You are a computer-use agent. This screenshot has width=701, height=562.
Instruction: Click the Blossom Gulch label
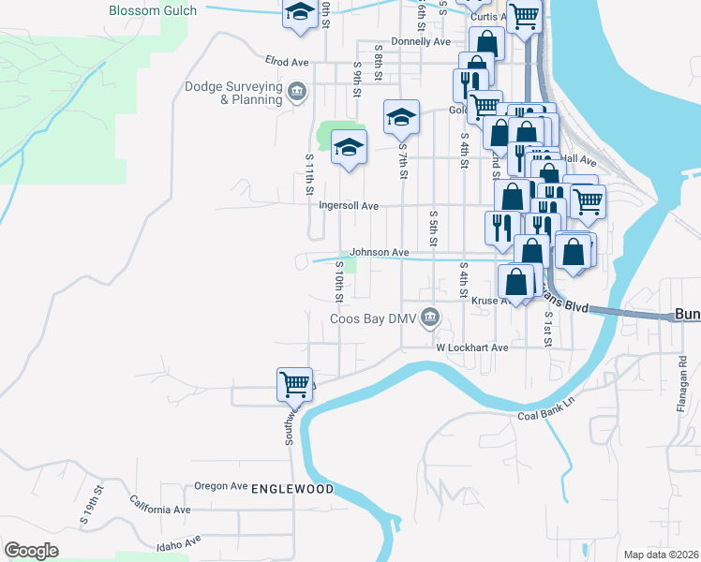tap(153, 10)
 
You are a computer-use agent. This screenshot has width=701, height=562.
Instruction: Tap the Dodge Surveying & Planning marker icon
tap(297, 91)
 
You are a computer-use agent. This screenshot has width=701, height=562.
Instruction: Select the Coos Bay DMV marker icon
tap(430, 318)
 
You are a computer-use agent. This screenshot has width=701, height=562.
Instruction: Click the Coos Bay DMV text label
tap(372, 318)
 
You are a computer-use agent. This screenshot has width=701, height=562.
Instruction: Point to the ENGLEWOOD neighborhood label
tap(292, 489)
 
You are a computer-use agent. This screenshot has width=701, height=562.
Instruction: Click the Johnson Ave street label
tap(380, 252)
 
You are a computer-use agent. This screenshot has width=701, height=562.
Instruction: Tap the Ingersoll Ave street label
tap(349, 205)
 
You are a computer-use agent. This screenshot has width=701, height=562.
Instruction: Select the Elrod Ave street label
tap(287, 62)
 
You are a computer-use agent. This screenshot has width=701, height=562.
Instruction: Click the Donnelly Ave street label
tap(422, 42)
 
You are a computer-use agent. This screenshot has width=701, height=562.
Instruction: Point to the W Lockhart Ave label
tap(472, 347)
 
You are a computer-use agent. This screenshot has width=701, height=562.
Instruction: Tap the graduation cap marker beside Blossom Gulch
tap(300, 13)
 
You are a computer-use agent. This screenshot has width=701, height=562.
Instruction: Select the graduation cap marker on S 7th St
tap(401, 117)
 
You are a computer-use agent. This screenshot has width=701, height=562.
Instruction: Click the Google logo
tap(31, 551)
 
